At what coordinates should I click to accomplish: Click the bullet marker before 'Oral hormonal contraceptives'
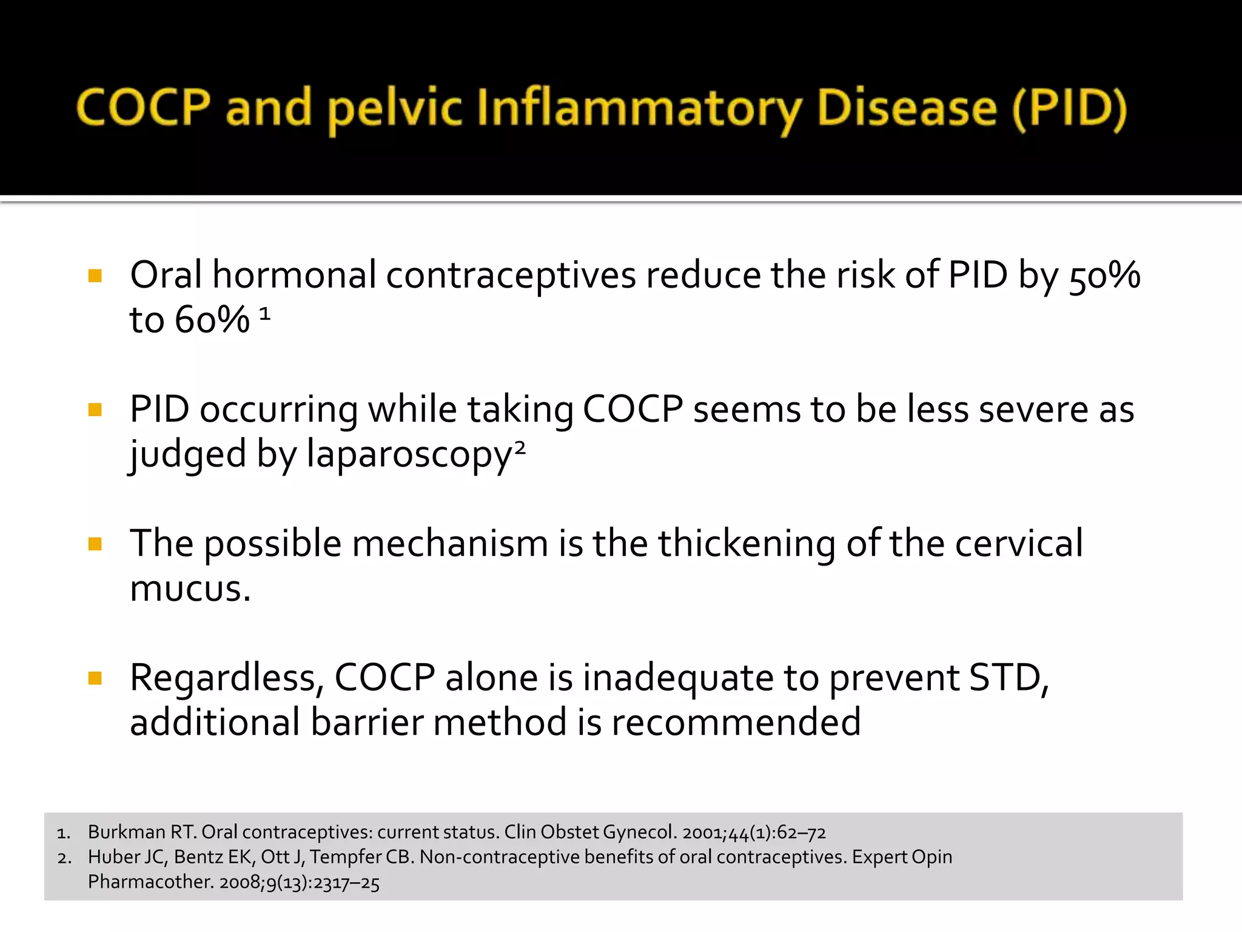point(95,277)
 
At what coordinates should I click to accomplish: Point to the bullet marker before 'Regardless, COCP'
point(95,678)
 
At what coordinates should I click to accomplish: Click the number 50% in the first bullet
point(1104,277)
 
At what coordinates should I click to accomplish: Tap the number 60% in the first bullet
point(212,320)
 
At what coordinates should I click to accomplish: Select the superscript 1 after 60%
point(264,314)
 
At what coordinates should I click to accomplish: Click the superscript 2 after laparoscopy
point(520,448)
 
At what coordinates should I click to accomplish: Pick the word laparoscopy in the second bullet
point(409,455)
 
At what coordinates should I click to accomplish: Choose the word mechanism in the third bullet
point(450,544)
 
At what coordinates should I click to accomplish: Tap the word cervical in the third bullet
point(1019,544)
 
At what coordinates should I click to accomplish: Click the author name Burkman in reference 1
point(126,832)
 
